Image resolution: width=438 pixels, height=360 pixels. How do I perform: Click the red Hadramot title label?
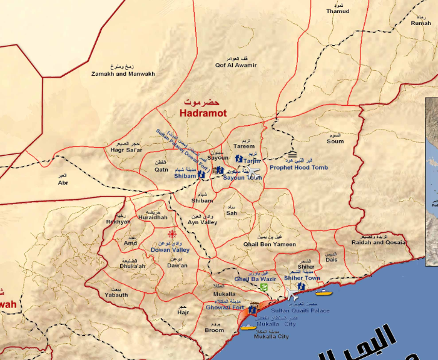coord(203,113)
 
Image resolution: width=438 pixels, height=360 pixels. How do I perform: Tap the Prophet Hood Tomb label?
coord(298,168)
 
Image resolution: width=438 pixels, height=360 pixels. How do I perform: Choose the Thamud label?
coord(338,11)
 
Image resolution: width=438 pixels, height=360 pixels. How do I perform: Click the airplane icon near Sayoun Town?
coord(253,170)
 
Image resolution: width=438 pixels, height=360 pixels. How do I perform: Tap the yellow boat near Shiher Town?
coord(323,292)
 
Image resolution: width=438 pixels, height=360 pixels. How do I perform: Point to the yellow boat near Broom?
coord(248,326)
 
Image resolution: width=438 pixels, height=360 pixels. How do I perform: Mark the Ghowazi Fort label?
coord(225,307)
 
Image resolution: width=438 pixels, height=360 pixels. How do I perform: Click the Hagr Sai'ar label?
coord(126,150)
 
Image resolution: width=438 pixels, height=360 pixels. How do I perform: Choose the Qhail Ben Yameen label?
coord(270,244)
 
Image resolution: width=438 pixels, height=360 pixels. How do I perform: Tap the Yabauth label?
coord(116,295)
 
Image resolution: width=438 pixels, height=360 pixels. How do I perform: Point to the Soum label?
coord(335,141)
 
